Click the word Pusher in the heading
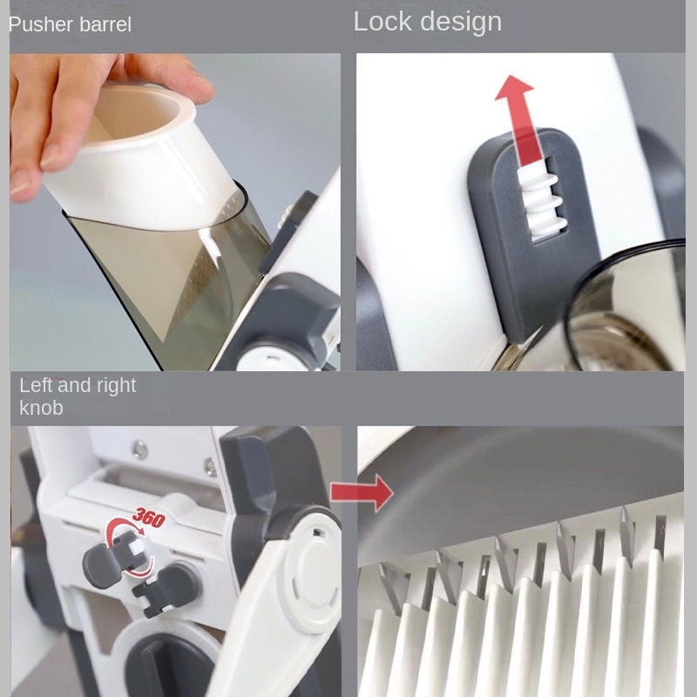pyautogui.click(x=36, y=24)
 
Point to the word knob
pyautogui.click(x=41, y=408)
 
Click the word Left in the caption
pyautogui.click(x=36, y=385)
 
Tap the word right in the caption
pyautogui.click(x=117, y=386)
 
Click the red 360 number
pyautogui.click(x=149, y=517)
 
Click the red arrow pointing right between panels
pyautogui.click(x=362, y=492)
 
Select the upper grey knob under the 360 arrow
pyautogui.click(x=105, y=560)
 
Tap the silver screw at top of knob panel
pyautogui.click(x=139, y=448)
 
